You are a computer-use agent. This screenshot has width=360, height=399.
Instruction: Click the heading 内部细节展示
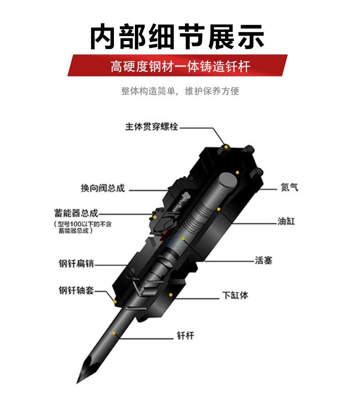(x=177, y=37)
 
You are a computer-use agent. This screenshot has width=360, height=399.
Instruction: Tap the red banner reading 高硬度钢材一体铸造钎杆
(x=177, y=65)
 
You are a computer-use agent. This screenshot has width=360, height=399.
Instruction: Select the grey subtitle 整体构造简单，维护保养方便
(x=180, y=91)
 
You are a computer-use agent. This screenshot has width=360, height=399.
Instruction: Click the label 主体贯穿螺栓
(x=152, y=127)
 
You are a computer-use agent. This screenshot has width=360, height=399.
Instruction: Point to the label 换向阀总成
(x=103, y=188)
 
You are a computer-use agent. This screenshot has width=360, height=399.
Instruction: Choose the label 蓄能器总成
(x=76, y=213)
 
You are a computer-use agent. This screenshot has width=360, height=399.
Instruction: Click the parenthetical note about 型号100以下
(x=82, y=227)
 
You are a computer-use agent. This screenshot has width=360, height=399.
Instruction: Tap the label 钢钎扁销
(x=76, y=264)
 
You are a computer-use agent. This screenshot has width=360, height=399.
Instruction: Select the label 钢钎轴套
(x=76, y=290)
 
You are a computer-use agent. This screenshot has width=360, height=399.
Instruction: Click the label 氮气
(x=289, y=187)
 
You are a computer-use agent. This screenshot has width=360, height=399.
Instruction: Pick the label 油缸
(x=286, y=221)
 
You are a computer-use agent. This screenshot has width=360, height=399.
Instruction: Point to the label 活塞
(x=264, y=260)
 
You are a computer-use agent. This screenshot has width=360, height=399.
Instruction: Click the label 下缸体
(x=235, y=295)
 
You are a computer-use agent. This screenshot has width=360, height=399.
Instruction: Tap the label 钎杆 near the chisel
(x=185, y=336)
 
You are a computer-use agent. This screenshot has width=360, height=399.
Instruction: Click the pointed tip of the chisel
(x=77, y=383)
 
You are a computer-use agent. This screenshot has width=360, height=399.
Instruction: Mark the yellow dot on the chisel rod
(x=114, y=333)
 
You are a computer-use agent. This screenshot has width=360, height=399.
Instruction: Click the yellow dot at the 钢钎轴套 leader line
(x=115, y=302)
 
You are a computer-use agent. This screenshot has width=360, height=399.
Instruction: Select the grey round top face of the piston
(x=228, y=181)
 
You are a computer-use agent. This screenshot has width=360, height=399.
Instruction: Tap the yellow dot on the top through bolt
(x=226, y=147)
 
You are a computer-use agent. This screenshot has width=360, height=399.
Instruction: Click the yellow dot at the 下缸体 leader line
(x=171, y=295)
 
